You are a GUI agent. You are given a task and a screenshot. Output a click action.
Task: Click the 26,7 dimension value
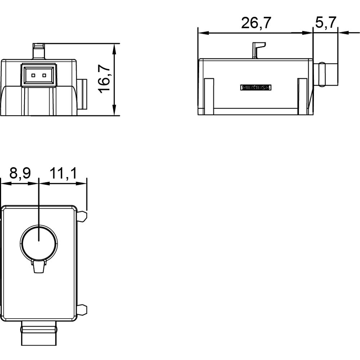[x=256, y=23]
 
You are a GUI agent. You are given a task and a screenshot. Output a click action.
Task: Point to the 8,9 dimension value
[x=20, y=173]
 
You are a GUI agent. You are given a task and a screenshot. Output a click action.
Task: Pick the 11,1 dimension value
[x=63, y=173]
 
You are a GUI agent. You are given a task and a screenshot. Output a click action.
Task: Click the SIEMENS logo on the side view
[x=256, y=87]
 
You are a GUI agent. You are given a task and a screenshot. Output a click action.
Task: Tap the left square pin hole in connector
[x=33, y=76]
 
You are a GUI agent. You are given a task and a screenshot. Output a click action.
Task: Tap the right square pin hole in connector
[x=44, y=76]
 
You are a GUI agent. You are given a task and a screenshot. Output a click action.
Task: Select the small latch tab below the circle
[x=39, y=267]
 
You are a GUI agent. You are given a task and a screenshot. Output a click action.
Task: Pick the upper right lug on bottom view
[x=82, y=216]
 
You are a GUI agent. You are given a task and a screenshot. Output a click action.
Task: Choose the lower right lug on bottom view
[x=82, y=309]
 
